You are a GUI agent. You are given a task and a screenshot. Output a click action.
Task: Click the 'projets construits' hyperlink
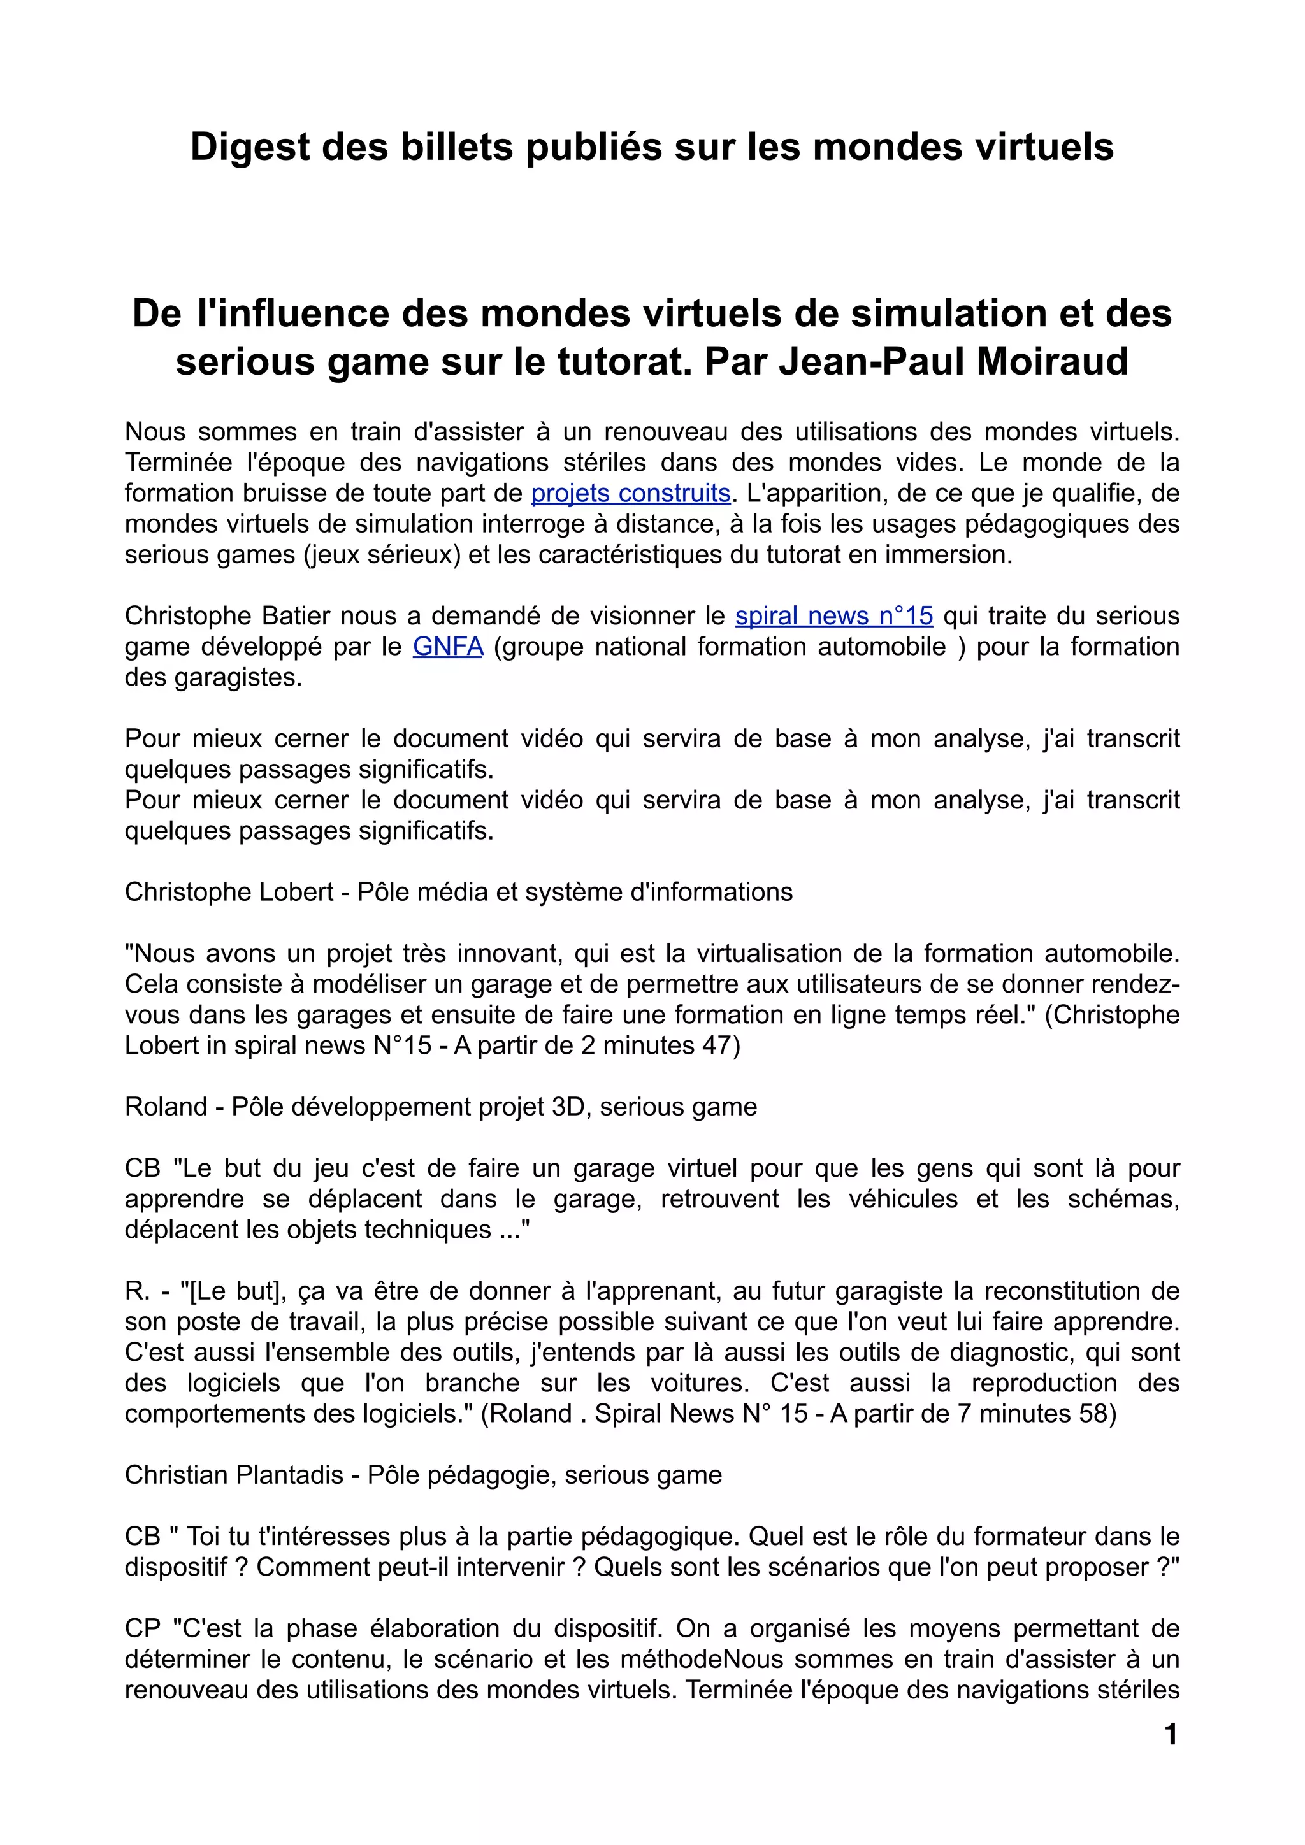(631, 492)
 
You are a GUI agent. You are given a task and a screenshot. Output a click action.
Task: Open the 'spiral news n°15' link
(833, 615)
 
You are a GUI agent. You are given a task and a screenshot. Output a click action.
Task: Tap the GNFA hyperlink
(447, 646)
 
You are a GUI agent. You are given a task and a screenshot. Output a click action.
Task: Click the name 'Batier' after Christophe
(296, 615)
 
